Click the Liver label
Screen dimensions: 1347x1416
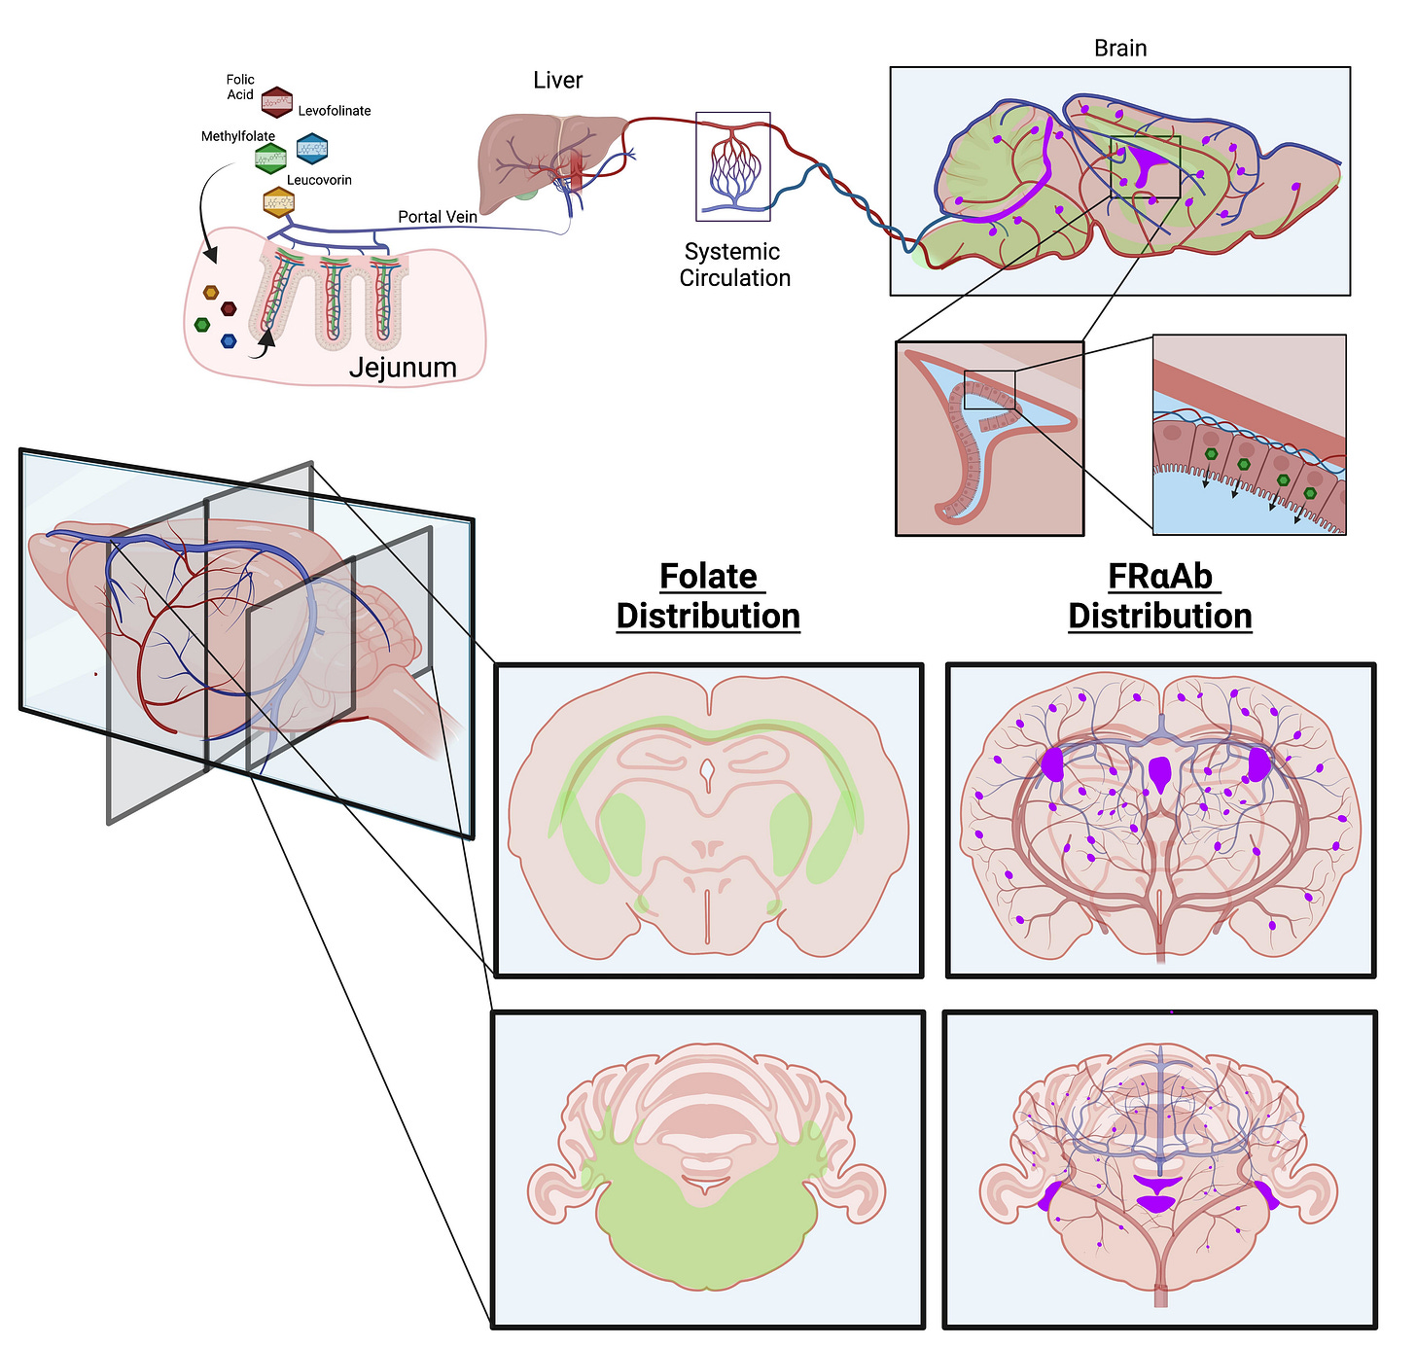[x=557, y=81]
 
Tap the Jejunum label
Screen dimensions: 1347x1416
[x=403, y=368]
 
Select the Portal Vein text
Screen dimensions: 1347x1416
[x=438, y=217]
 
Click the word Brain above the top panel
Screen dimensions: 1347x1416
[x=1120, y=49]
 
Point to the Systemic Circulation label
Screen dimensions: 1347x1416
[x=734, y=265]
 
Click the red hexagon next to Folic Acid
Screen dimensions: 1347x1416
[x=277, y=101]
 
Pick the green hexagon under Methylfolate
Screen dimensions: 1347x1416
[x=270, y=158]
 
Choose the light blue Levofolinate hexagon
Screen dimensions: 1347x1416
[x=312, y=149]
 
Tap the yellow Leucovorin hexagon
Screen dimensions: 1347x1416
[x=278, y=203]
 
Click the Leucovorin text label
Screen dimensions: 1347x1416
[x=319, y=180]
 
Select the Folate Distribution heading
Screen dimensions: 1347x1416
[x=708, y=596]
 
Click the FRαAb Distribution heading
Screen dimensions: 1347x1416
[x=1160, y=596]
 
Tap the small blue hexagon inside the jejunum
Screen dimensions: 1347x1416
[x=229, y=341]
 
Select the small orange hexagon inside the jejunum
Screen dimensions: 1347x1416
[x=211, y=293]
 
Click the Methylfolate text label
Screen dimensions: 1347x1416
[x=238, y=136]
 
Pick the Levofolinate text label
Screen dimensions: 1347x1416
[x=335, y=111]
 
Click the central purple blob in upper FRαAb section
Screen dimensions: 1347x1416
[x=1160, y=773]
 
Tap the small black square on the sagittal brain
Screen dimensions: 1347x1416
[x=1145, y=167]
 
